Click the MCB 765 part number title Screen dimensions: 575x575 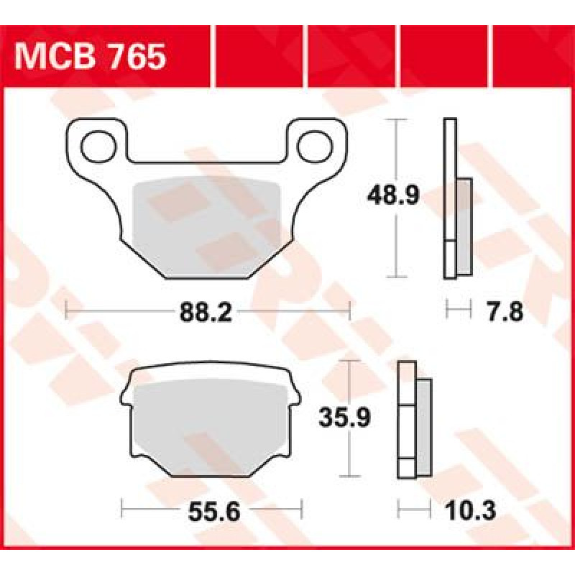[91, 57]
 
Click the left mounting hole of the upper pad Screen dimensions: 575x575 [98, 147]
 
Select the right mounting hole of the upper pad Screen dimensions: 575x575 [315, 147]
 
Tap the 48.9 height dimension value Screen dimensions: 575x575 [392, 195]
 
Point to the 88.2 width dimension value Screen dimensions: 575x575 [206, 313]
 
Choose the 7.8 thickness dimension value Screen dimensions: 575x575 [505, 312]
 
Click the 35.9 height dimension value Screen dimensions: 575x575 [345, 418]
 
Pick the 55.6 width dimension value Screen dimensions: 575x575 [214, 512]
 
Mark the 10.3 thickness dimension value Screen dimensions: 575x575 [470, 510]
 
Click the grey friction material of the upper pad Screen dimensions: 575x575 [207, 227]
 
